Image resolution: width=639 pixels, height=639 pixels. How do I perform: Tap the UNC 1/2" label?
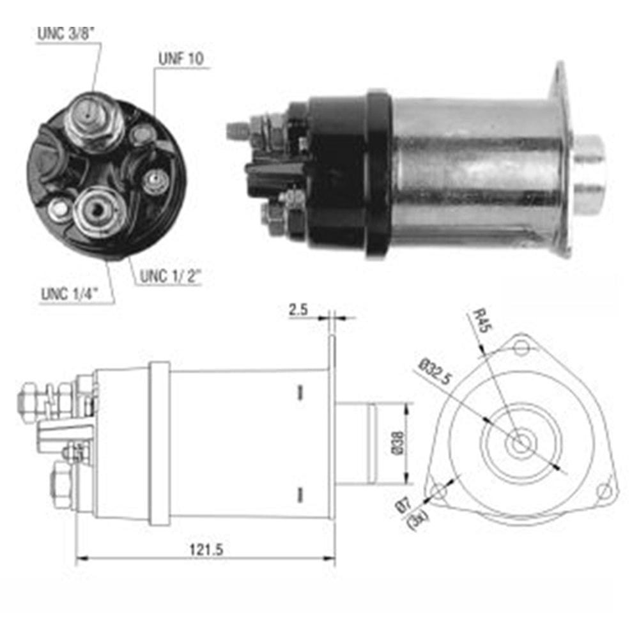170,276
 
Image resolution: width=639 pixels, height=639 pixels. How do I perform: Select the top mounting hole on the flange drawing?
523,348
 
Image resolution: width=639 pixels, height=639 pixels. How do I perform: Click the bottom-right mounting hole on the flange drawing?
603,491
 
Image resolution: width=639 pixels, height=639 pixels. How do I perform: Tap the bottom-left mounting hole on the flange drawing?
439,491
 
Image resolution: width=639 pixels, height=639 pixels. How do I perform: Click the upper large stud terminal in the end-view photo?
94,118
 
